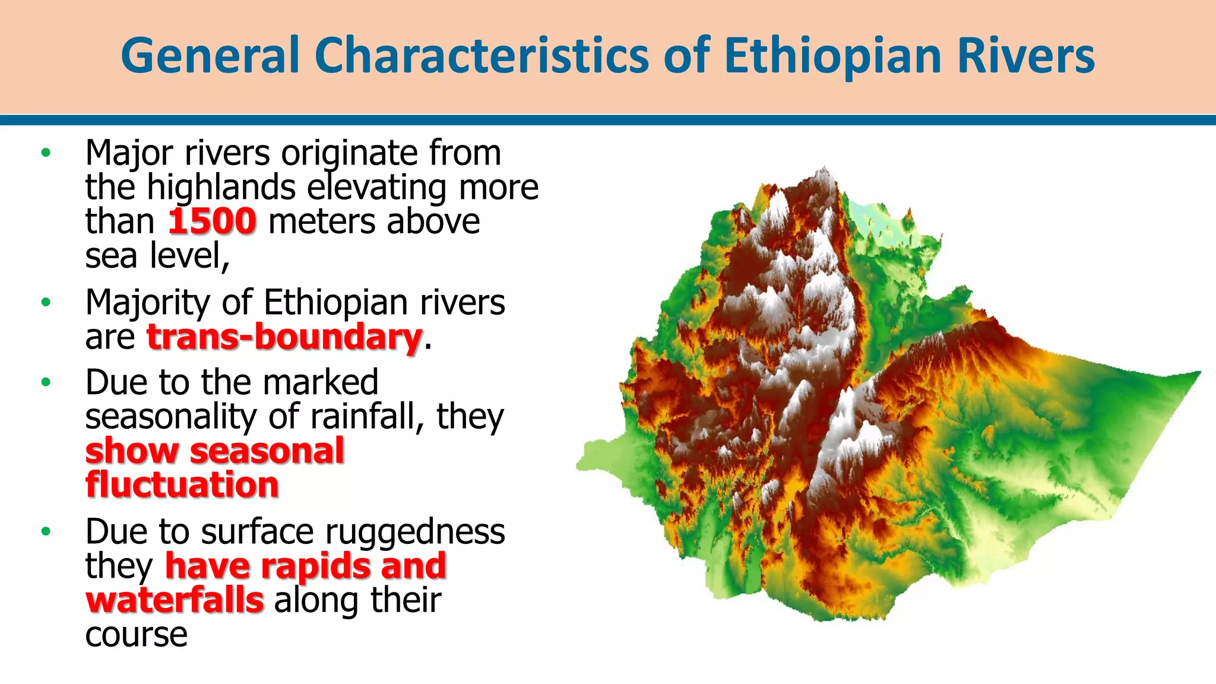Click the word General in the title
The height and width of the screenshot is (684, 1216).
pos(209,55)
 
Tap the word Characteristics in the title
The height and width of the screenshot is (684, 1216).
pos(482,55)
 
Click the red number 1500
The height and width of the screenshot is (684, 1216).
pos(212,221)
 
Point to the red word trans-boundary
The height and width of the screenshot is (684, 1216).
pos(284,337)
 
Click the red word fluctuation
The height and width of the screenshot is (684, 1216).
pos(182,485)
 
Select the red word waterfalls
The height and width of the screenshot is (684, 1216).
pos(175,600)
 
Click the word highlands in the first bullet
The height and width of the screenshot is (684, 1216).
pos(221,188)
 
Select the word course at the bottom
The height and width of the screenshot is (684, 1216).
pos(136,635)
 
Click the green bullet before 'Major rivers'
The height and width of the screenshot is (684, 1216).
pos(46,153)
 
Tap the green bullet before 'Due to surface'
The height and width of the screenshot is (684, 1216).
pos(46,531)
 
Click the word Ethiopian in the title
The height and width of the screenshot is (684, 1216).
pos(832,55)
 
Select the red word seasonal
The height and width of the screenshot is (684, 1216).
pos(267,451)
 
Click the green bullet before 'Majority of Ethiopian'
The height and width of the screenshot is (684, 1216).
pos(46,303)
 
